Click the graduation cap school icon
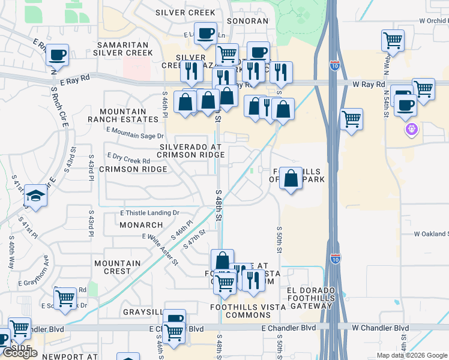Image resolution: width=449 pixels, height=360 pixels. pos(35,196)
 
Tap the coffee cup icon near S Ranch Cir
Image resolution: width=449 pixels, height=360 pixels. pos(57,55)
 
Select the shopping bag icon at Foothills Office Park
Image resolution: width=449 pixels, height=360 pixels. pos(291,178)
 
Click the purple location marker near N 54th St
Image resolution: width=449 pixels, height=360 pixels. pos(411,129)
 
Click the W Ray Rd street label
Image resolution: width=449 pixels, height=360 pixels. pos(369,85)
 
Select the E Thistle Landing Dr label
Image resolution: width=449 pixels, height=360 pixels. pos(150,213)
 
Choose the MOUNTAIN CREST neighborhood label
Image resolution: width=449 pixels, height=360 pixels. pos(118,267)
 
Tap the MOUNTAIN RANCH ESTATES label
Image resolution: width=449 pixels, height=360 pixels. pos(122,115)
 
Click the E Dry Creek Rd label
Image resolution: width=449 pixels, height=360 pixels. pos(128,161)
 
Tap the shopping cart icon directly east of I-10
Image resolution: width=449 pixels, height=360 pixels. pos(351,118)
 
